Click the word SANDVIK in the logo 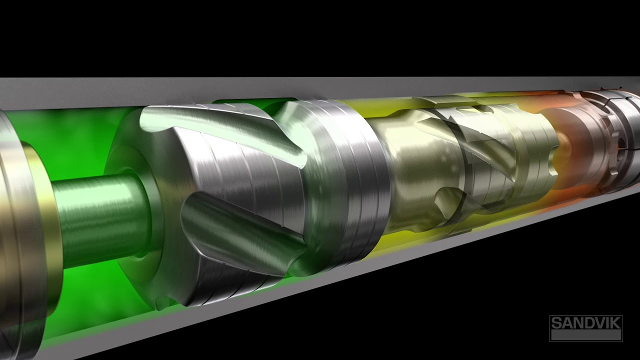[585, 323]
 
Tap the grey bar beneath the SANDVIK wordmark [585, 335]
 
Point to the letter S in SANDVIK [556, 323]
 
